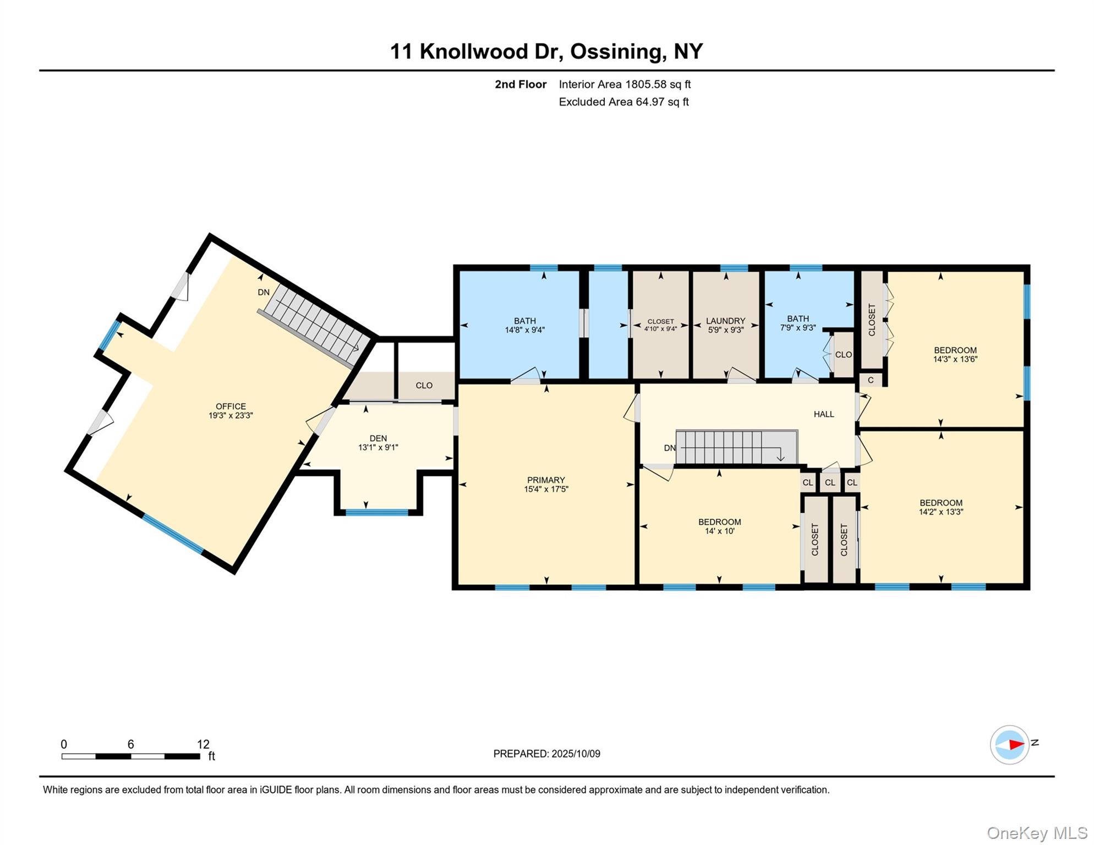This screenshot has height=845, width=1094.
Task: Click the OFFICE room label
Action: [x=231, y=411]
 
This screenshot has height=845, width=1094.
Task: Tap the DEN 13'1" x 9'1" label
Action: [x=378, y=443]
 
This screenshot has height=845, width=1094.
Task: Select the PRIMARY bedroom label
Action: [x=546, y=484]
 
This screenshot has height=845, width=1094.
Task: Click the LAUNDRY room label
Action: [x=725, y=325]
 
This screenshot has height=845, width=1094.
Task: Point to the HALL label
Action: [x=824, y=414]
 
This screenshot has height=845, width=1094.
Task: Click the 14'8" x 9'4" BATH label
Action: [x=524, y=325]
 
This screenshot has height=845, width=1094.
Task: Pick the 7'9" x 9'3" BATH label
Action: [x=797, y=323]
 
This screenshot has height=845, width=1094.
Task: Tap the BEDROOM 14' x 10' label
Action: [x=719, y=526]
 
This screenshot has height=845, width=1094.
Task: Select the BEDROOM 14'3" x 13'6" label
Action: [x=955, y=355]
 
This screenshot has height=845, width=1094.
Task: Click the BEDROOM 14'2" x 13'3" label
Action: [x=940, y=507]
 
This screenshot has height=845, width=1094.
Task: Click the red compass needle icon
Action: [x=1015, y=745]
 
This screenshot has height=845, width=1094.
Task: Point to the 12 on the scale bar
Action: [x=203, y=744]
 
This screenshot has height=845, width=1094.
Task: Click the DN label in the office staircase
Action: [x=264, y=292]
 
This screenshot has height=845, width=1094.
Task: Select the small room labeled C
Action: [x=871, y=380]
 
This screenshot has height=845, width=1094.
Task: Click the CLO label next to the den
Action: [x=424, y=386]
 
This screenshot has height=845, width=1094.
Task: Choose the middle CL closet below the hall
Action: [x=830, y=482]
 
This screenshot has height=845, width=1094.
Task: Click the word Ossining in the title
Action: [x=615, y=51]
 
